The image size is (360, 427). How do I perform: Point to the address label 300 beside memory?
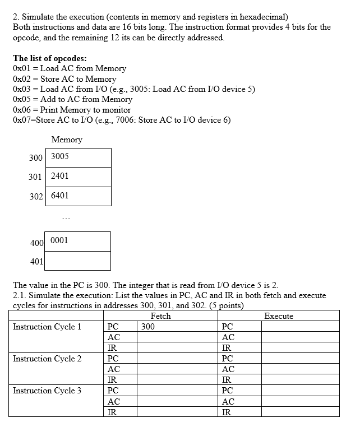point(36,158)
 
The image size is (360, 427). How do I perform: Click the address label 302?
point(36,197)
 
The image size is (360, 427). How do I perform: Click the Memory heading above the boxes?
point(67,140)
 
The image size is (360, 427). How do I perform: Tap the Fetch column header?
point(160,316)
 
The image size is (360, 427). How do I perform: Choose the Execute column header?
point(279,316)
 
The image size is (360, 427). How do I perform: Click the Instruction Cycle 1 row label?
point(47,327)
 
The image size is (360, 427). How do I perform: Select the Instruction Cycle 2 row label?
point(47,359)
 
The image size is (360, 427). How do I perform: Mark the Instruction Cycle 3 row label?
point(47,391)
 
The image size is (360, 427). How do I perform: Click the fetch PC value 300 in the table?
point(149,327)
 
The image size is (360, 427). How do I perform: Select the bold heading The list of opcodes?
point(49,58)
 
